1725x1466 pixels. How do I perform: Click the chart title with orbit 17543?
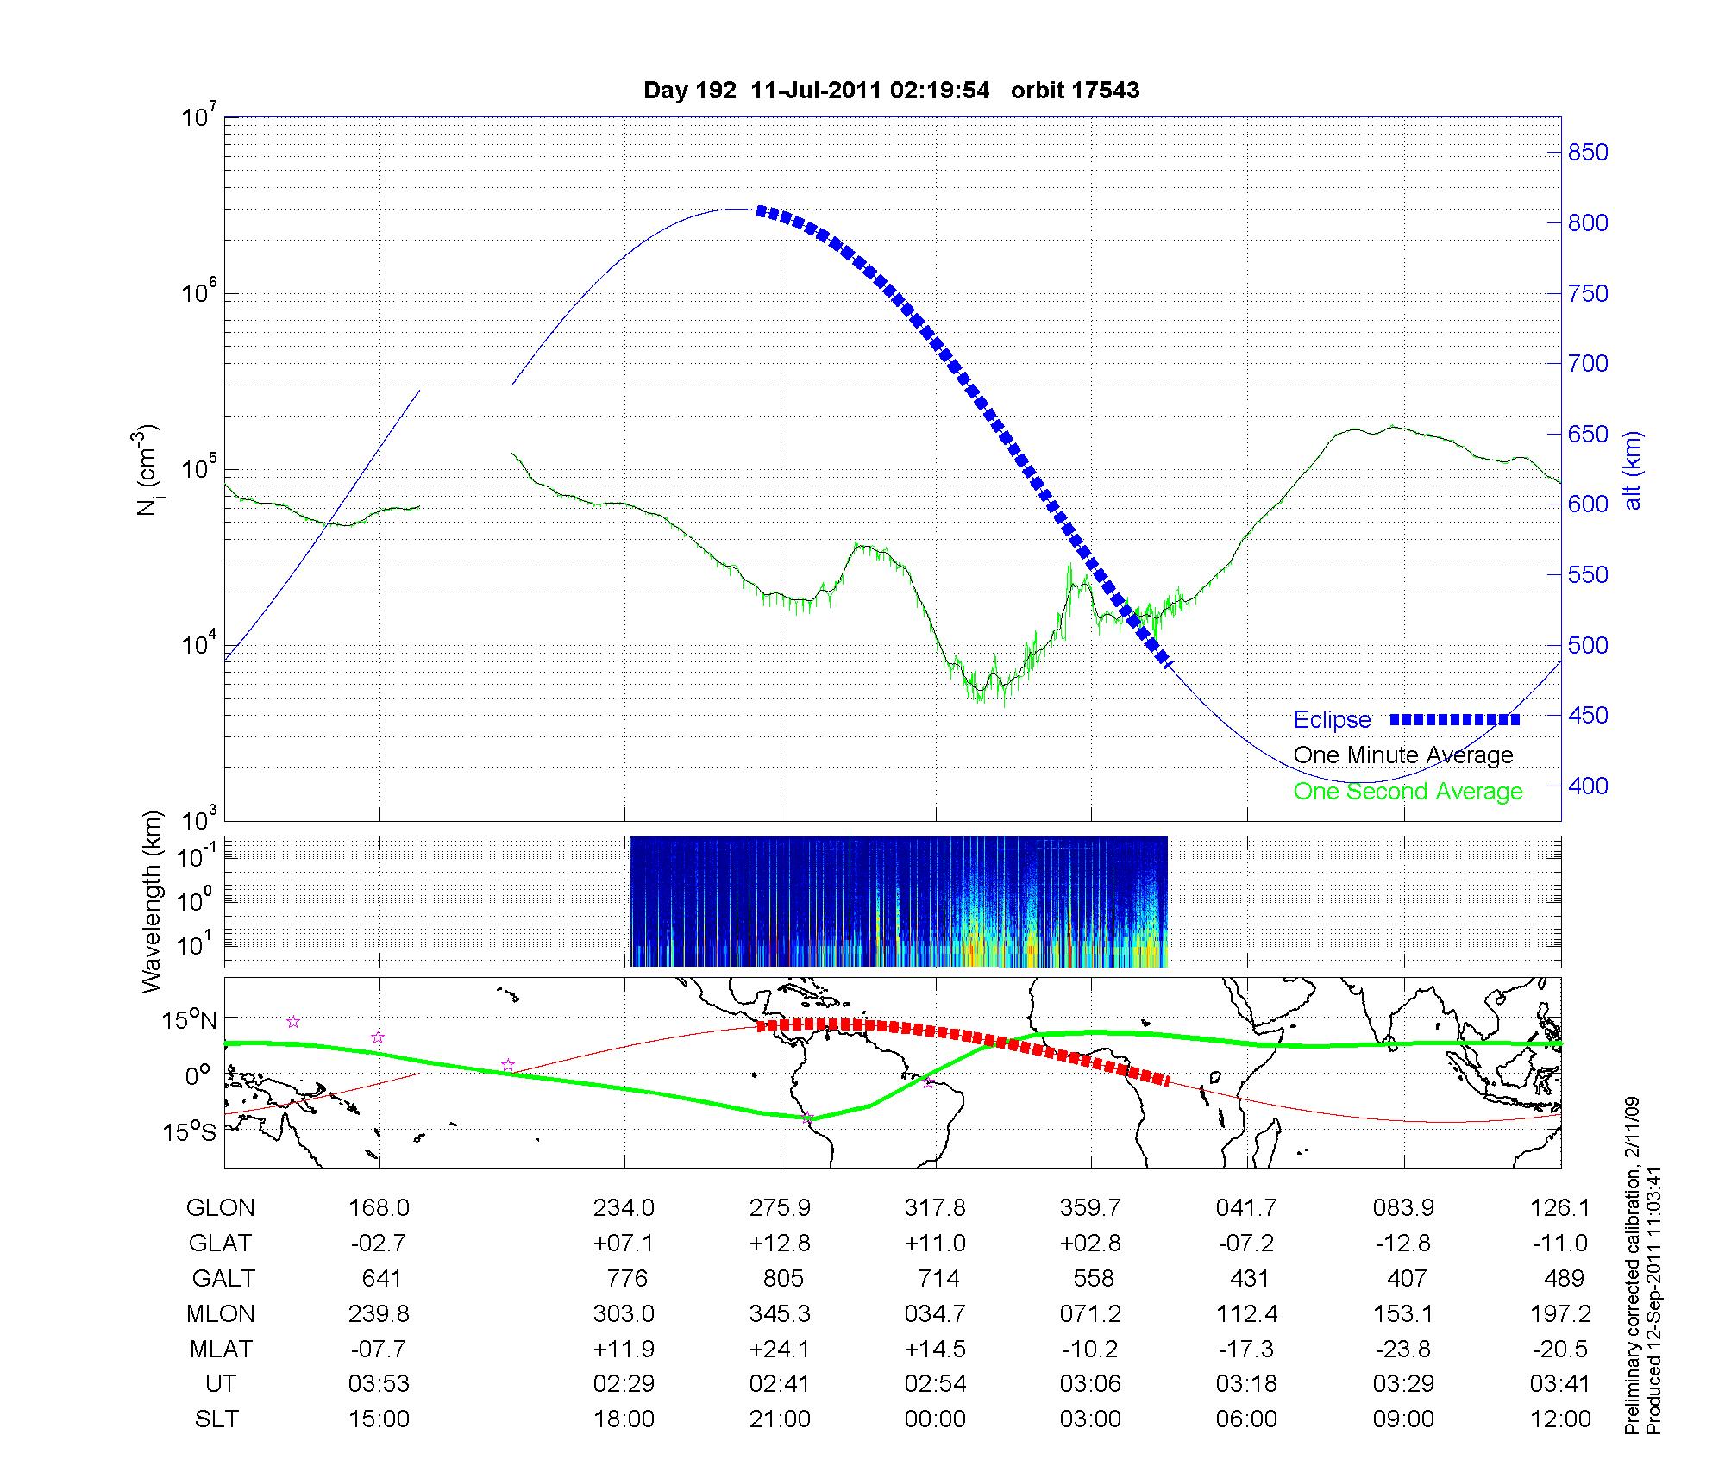point(891,91)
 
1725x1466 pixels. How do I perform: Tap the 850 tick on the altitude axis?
point(1588,153)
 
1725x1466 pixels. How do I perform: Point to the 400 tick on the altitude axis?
point(1588,786)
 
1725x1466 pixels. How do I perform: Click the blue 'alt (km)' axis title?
point(1633,470)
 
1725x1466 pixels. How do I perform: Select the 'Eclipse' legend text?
point(1332,720)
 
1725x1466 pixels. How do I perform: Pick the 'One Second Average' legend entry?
point(1408,792)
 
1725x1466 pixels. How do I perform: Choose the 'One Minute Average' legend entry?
point(1403,755)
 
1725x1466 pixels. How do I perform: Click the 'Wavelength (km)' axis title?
point(152,902)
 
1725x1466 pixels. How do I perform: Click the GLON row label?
point(220,1208)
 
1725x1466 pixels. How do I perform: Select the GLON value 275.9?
point(780,1208)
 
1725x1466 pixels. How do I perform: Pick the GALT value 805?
point(783,1278)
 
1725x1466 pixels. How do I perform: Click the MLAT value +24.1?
point(780,1349)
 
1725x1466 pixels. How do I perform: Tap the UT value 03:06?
point(1090,1384)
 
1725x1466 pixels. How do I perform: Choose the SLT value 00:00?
point(935,1419)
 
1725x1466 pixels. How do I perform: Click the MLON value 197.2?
point(1559,1313)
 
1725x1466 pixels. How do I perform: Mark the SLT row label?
point(216,1419)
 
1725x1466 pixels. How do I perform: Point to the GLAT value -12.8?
point(1403,1244)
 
